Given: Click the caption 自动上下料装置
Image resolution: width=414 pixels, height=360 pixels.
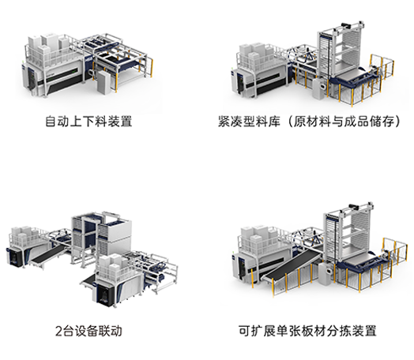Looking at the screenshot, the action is pos(88,122).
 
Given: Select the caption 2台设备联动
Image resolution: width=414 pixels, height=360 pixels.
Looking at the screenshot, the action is pos(88,332).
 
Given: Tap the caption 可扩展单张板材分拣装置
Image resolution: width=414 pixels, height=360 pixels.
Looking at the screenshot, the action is pos(307,332).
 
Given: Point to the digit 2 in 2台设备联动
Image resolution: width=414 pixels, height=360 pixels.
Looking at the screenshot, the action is pos(58,332).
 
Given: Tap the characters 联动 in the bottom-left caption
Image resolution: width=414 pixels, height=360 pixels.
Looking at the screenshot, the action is pos(110,332).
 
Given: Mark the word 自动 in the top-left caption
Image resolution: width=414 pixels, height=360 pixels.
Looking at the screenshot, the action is pos(58,122).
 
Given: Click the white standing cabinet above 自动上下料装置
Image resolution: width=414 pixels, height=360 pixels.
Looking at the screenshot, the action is pos(103,82).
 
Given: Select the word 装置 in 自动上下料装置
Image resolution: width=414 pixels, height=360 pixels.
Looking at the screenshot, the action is pos(120,122).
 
